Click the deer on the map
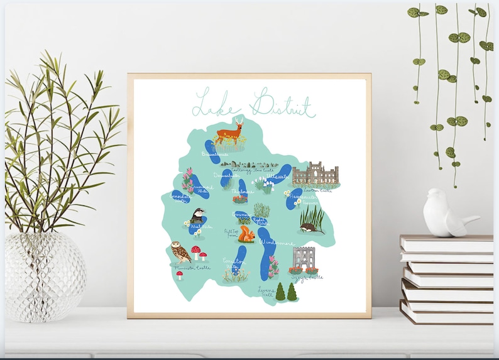coord(230,133)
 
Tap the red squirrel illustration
coord(246,235)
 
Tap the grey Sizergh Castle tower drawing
coord(303,258)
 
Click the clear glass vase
coord(44,276)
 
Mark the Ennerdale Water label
coord(179,198)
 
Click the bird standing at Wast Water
coord(198,215)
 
